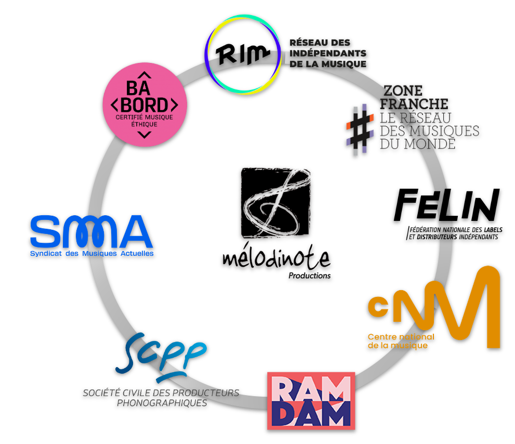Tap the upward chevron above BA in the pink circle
(145, 74)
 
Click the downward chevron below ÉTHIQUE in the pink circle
(145, 135)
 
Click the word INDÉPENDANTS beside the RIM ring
(327, 54)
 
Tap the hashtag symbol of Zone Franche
(360, 130)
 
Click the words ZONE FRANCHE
(414, 97)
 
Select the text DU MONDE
(417, 143)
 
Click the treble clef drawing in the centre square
(275, 203)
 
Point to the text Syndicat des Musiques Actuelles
(91, 254)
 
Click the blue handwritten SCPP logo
(161, 356)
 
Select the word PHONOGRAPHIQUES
(162, 403)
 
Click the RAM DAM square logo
(311, 400)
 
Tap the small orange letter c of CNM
(378, 307)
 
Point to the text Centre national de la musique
(400, 341)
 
